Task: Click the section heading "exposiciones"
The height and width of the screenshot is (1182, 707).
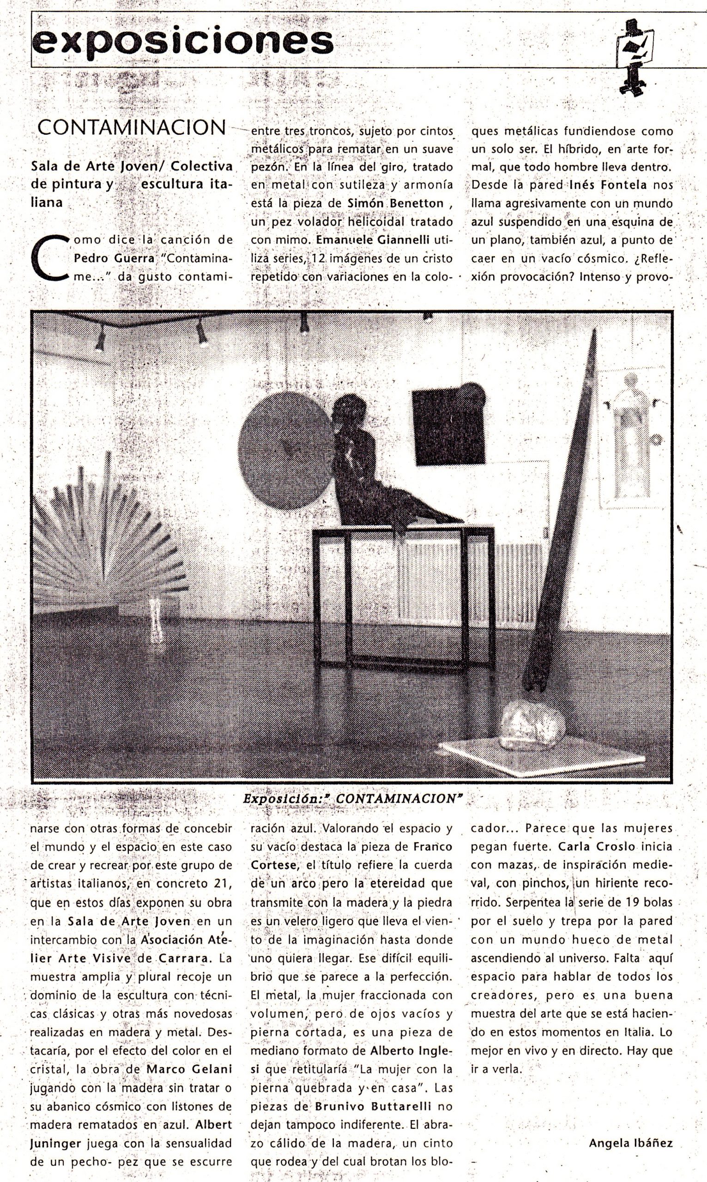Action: [x=182, y=42]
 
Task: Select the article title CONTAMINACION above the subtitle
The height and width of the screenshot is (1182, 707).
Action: [x=132, y=127]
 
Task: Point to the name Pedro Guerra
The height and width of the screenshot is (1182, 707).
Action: [x=115, y=258]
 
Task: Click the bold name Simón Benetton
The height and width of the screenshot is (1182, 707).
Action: [x=395, y=203]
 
